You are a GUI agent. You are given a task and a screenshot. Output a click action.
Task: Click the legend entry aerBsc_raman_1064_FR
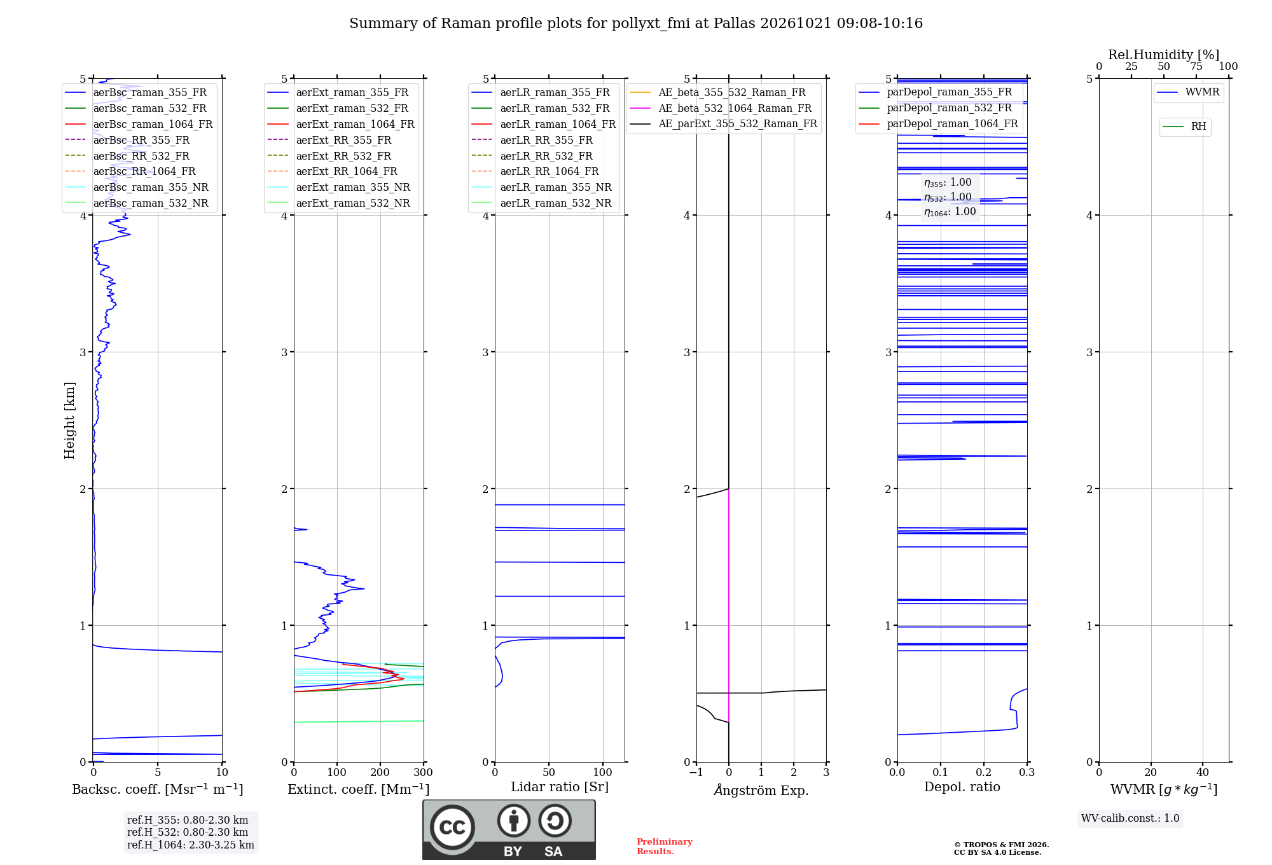(139, 124)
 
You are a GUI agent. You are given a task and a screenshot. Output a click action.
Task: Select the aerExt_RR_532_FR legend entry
(329, 156)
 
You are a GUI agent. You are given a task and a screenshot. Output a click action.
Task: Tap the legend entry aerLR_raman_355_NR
(541, 187)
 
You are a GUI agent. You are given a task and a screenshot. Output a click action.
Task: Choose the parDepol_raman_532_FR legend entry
(935, 107)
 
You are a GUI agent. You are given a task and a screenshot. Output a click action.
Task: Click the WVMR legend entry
(1188, 92)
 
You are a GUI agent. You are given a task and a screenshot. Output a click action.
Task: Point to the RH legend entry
(1184, 127)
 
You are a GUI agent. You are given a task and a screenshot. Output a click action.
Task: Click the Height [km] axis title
(69, 420)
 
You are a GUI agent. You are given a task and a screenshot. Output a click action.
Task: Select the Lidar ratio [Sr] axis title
(560, 787)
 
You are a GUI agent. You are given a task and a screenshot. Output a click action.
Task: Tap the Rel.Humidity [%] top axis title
(1164, 55)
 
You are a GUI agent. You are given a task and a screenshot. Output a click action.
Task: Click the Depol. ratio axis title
(962, 787)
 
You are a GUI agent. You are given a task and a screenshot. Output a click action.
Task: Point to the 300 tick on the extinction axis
(424, 772)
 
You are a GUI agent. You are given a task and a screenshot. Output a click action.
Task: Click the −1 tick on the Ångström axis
(696, 772)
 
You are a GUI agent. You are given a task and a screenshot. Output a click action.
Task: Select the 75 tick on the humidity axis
(1196, 67)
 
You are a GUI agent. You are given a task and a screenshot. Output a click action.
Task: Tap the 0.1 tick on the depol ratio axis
(941, 772)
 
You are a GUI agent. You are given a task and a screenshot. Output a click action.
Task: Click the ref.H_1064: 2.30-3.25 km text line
(191, 845)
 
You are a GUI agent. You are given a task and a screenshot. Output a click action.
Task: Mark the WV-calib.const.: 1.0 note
(1130, 818)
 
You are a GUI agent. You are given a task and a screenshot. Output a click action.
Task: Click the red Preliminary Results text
(665, 847)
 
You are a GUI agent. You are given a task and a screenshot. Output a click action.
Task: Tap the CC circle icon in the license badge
(452, 827)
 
